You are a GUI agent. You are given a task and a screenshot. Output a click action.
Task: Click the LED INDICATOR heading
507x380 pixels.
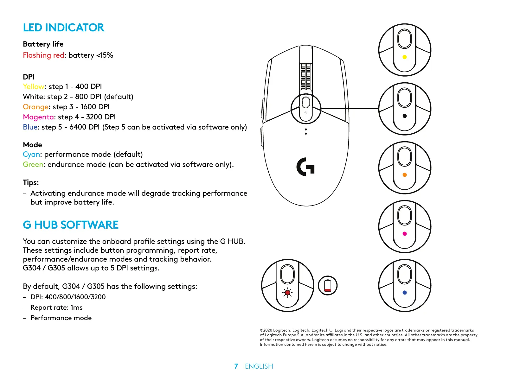coord(63,28)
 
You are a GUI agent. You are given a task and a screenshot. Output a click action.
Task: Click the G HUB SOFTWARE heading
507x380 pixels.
coord(71,225)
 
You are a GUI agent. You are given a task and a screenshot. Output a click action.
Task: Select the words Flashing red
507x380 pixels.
coord(44,55)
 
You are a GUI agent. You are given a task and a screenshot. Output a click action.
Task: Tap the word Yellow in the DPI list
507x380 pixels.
coord(34,86)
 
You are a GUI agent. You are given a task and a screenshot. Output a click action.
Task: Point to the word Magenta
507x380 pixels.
coord(38,117)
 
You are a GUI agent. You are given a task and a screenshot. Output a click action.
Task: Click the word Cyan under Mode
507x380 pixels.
coord(31,154)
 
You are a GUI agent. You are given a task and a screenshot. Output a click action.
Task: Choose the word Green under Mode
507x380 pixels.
coord(33,164)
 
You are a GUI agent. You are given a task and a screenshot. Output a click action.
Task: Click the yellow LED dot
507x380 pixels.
coord(404,57)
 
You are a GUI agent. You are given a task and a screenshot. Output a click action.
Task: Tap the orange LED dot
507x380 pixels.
coord(404,175)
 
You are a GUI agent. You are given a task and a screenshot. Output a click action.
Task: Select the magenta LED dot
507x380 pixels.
coord(404,234)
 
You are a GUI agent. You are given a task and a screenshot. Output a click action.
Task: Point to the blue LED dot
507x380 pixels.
coord(404,293)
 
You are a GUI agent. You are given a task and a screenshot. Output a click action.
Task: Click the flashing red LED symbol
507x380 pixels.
coord(287,293)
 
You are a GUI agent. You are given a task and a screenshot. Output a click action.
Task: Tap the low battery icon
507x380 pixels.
coord(328,285)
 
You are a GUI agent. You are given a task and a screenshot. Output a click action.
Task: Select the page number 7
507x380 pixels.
coord(236,366)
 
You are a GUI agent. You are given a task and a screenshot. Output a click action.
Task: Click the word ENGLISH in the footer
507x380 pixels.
coord(259,366)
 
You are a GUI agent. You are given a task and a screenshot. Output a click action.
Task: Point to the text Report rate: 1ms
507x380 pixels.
coord(56,307)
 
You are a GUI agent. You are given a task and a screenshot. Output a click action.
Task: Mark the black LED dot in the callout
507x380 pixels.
coord(404,116)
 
